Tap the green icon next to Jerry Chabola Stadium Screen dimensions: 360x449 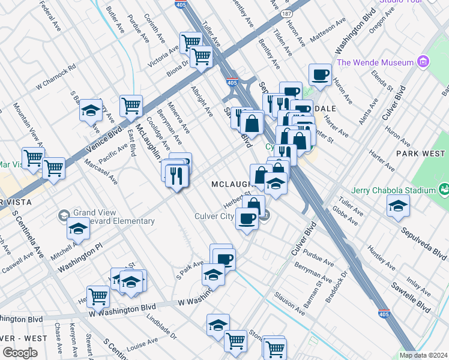(444, 190)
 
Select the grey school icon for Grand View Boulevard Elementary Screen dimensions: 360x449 (64, 215)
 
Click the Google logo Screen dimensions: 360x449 (20, 353)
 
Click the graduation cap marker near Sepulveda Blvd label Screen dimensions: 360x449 (398, 206)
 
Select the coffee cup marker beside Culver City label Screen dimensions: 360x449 (246, 217)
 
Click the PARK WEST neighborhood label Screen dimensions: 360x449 (421, 154)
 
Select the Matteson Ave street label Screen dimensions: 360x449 (328, 31)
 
